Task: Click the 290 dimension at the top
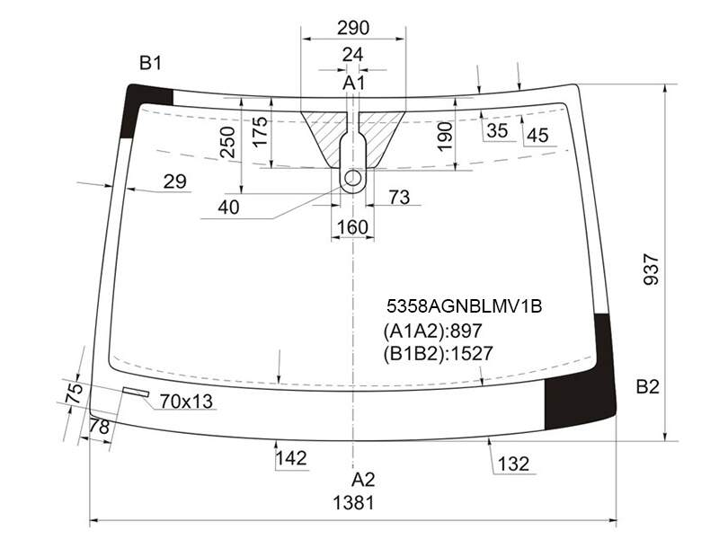click(353, 28)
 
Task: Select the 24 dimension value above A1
click(352, 55)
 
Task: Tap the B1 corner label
click(150, 63)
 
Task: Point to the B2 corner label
click(647, 387)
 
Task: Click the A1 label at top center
click(354, 84)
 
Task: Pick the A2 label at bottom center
click(363, 480)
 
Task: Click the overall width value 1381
click(353, 503)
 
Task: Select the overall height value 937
click(651, 269)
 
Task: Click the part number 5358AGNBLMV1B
click(464, 306)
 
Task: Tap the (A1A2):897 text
click(432, 331)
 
